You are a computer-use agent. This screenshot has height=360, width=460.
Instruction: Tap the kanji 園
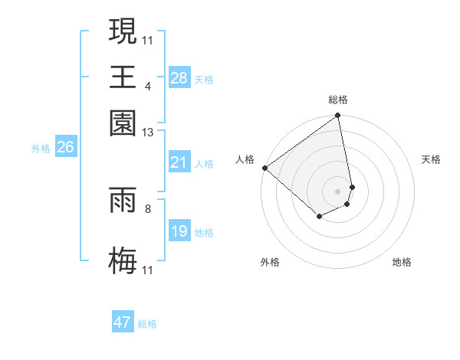pos(123,123)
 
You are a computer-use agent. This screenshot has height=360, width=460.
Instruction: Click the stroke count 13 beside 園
pos(149,132)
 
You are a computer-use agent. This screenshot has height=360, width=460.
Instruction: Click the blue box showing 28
pos(179,78)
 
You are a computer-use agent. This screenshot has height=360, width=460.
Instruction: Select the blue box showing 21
pos(179,162)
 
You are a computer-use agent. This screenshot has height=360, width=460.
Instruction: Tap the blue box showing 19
pos(179,231)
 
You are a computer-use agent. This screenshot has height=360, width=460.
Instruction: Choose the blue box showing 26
pos(65,148)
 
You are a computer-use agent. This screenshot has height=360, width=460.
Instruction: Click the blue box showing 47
pos(123,322)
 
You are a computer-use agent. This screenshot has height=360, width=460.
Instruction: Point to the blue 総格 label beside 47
pos(147,324)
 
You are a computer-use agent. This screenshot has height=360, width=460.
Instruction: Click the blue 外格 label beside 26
pos(41,149)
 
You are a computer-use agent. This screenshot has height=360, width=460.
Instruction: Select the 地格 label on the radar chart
pos(402,263)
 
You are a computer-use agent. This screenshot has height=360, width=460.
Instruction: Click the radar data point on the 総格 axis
pos(337,116)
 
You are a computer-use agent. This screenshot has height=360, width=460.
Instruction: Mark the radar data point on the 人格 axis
pos(264,168)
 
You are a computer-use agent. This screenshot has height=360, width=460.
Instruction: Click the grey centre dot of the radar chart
pos(337,191)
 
